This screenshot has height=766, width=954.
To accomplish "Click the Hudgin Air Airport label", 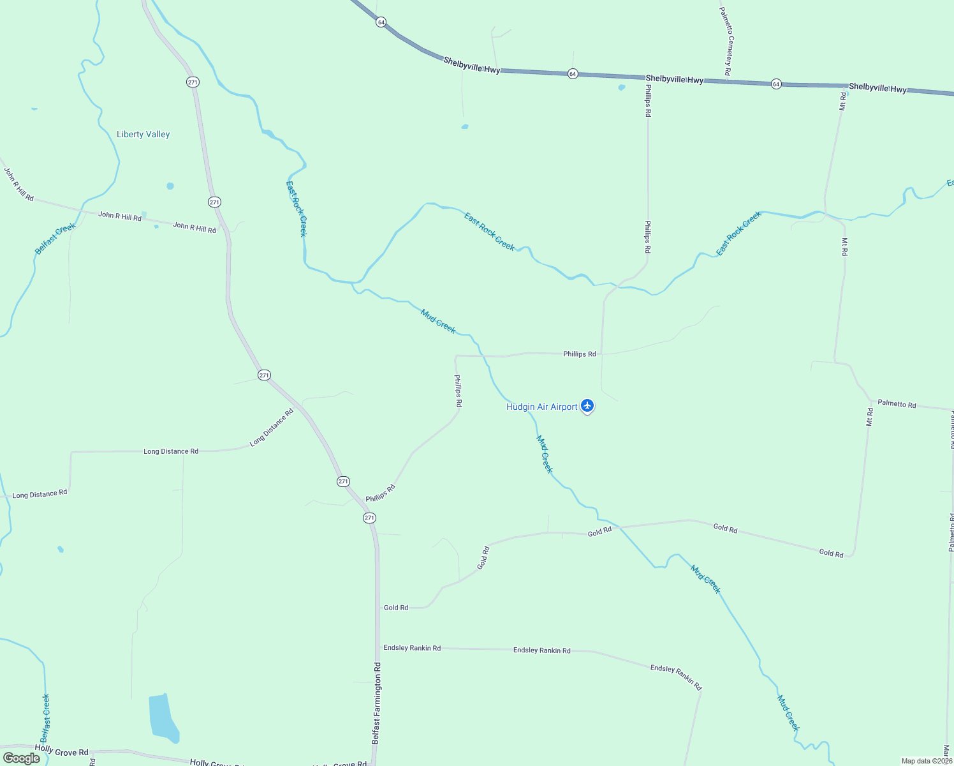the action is [541, 407].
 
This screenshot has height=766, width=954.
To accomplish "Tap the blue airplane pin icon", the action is [587, 406].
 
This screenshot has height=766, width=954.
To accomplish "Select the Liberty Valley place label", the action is [143, 134].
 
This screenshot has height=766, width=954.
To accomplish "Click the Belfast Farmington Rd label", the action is [376, 703].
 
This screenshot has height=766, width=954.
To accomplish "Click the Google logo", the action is [22, 758].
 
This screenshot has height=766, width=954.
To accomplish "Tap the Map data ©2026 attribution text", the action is [927, 761].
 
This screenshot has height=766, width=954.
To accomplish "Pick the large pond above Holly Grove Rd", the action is [163, 718].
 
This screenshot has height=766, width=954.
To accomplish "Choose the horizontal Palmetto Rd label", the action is [897, 403].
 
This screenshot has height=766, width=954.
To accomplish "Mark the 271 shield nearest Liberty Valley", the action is [193, 82].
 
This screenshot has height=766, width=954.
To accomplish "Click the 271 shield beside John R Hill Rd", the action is [214, 202].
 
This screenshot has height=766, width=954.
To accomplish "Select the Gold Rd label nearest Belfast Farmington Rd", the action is [396, 608].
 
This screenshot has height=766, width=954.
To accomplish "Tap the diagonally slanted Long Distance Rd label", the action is [272, 427].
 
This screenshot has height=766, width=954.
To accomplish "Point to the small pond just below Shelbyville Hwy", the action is [621, 87].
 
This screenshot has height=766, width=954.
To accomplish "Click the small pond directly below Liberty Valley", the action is [170, 186].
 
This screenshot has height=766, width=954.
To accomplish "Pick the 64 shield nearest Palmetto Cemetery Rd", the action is [776, 84].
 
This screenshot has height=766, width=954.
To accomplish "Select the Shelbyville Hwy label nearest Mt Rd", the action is [877, 88].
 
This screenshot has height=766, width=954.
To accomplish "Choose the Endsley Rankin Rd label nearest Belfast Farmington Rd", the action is [412, 648].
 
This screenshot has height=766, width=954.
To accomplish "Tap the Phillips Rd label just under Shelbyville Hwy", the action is [648, 100].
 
